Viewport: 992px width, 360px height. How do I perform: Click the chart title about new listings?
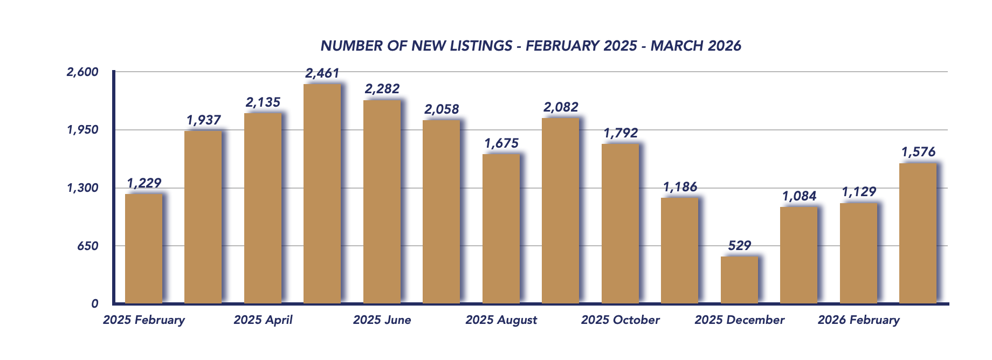[531, 46]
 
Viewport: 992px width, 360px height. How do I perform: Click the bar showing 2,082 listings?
[560, 210]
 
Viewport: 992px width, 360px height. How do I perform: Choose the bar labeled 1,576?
[918, 233]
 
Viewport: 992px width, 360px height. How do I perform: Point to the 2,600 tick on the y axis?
[82, 72]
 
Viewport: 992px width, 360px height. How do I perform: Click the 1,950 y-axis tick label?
[82, 130]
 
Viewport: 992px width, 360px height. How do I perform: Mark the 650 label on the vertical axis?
[88, 246]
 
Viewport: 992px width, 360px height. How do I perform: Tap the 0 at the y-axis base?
[95, 303]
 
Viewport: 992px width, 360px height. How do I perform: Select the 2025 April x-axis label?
[263, 320]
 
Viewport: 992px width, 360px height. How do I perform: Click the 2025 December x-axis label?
[739, 320]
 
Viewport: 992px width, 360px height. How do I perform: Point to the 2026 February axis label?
[858, 320]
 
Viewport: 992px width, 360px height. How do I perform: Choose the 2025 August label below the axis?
[501, 320]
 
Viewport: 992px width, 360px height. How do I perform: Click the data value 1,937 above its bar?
[204, 120]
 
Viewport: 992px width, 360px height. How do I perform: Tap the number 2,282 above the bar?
[382, 89]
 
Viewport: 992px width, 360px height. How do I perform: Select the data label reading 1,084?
[799, 196]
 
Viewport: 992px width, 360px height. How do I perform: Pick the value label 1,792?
[621, 133]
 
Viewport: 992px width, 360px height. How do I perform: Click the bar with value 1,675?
[501, 229]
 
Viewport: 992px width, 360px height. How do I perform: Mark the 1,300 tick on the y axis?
[82, 188]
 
